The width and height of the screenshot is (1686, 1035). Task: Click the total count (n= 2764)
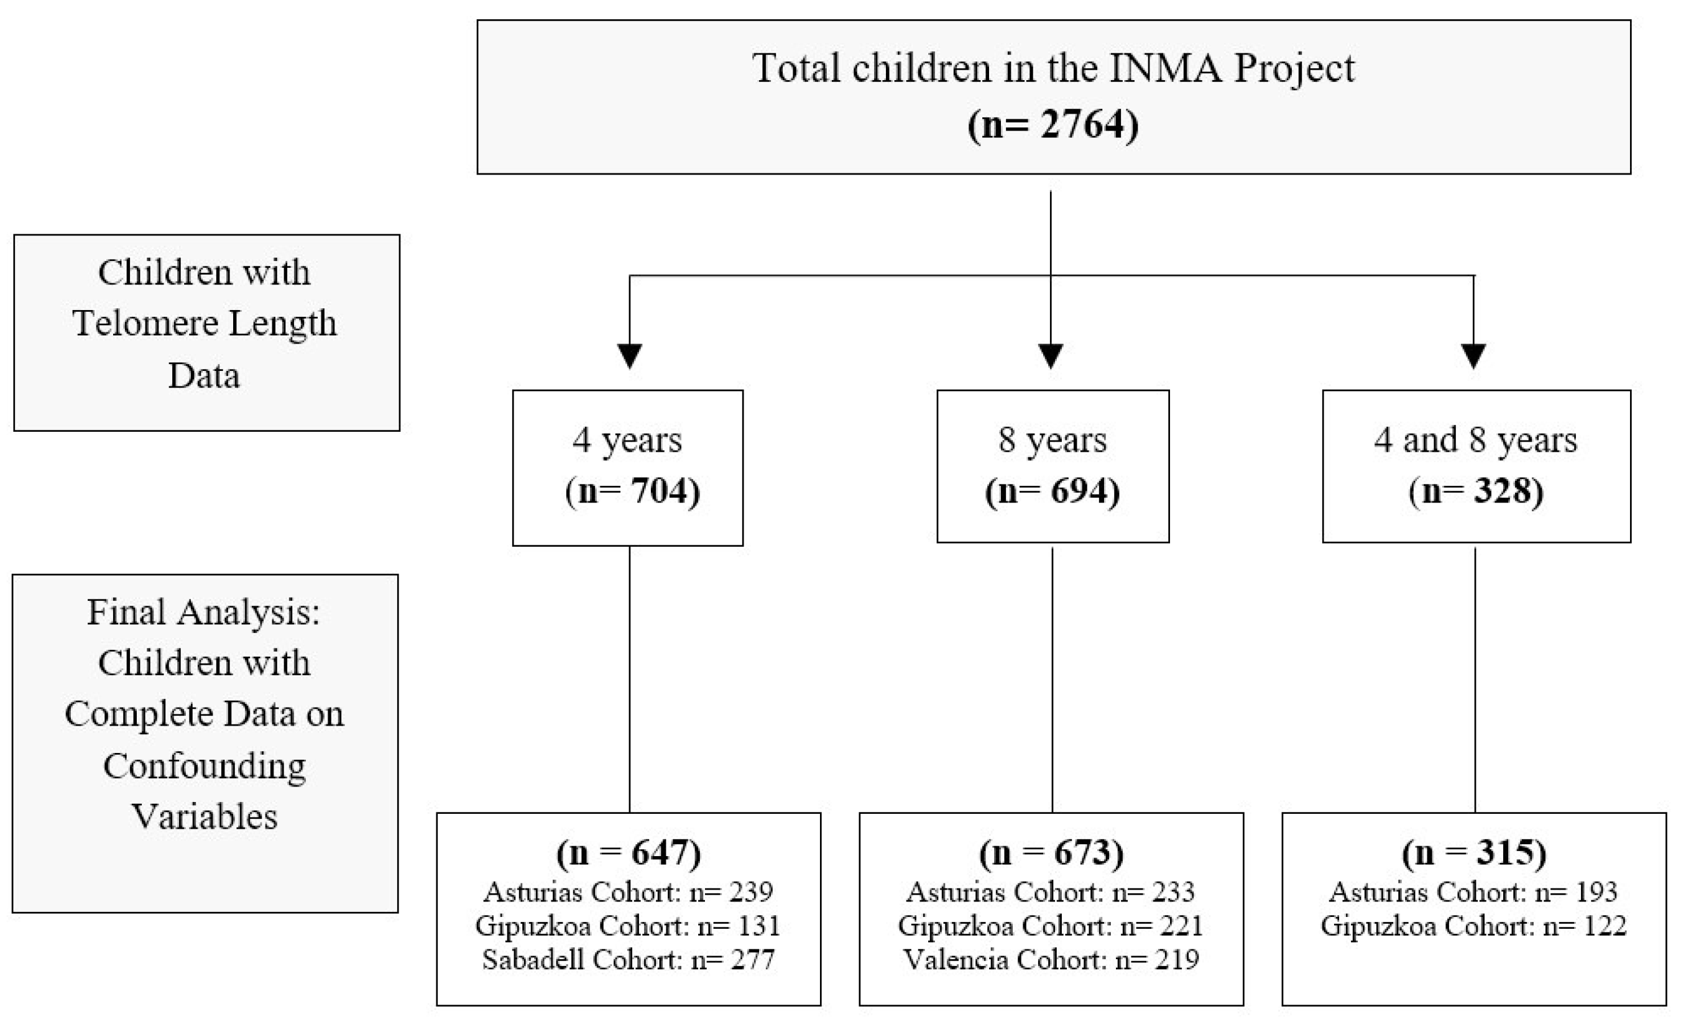(1053, 125)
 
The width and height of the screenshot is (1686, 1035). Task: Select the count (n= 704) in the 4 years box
(632, 491)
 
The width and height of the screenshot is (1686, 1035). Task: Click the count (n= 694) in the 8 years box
(1053, 491)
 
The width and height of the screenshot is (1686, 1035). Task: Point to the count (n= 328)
(1476, 491)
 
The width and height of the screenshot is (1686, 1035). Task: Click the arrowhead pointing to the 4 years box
(629, 355)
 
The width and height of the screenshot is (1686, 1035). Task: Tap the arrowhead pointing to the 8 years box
(1051, 355)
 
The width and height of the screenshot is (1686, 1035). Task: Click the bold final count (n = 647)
(628, 853)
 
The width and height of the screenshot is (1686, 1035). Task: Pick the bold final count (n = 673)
(1051, 853)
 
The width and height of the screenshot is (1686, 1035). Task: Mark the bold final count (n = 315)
(1474, 853)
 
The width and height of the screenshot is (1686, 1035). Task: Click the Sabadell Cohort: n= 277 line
(628, 960)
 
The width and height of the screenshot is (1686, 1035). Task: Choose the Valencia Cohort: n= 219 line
(1051, 960)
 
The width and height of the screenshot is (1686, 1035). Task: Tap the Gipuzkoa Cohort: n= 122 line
(1474, 926)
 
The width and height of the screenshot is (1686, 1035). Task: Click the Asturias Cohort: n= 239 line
(628, 892)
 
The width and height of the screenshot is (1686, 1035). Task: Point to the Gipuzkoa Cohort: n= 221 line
(1051, 926)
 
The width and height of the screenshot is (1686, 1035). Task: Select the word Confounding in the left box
(204, 765)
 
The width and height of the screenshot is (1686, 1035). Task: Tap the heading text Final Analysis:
(204, 612)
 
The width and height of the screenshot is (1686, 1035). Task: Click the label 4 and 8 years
(1476, 439)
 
